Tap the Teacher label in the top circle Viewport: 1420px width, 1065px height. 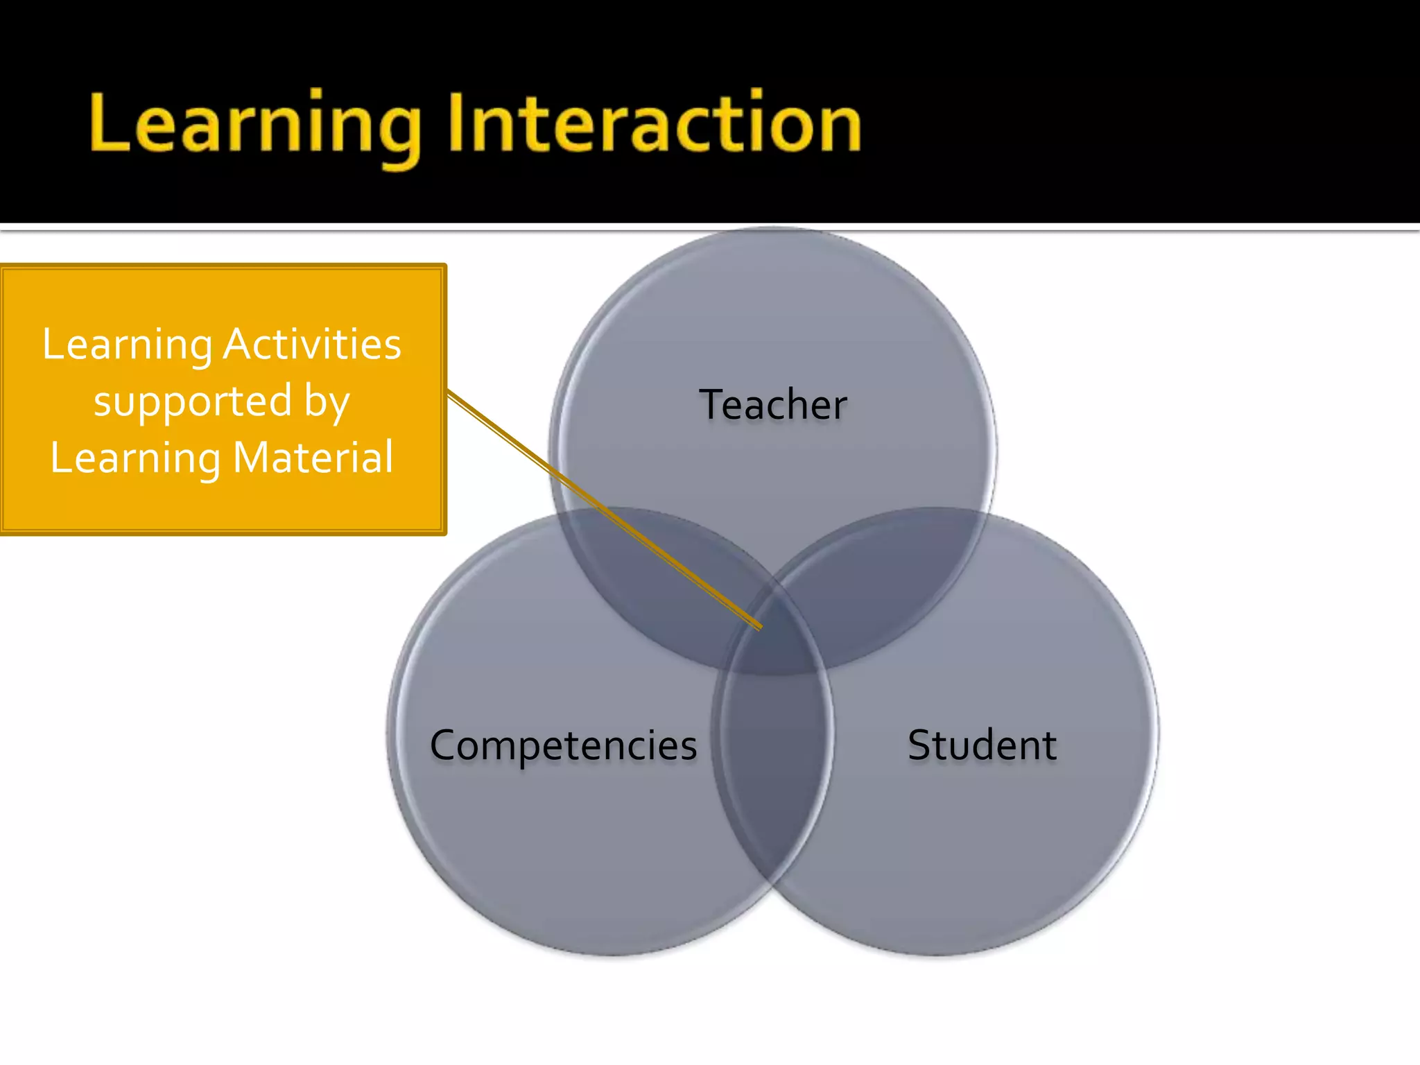(x=772, y=405)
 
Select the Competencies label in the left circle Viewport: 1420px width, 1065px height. (x=563, y=746)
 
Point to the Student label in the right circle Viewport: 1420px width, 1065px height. (x=982, y=746)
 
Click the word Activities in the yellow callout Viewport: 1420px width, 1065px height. (x=312, y=344)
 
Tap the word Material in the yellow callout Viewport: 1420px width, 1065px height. (x=313, y=458)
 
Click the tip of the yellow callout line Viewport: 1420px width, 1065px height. (x=760, y=627)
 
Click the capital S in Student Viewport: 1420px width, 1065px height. (x=920, y=745)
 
